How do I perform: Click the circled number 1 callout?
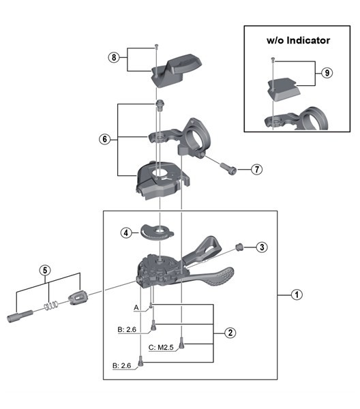[x=297, y=294]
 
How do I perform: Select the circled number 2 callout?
[x=230, y=333]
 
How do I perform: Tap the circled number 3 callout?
[x=262, y=247]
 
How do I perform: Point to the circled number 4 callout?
[x=126, y=232]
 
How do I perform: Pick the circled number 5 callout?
[x=45, y=270]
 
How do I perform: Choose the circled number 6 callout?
[x=104, y=139]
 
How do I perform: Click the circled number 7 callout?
[x=256, y=169]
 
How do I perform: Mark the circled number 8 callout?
[x=114, y=57]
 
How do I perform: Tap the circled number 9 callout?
[x=327, y=73]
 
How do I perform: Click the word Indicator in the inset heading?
[x=308, y=40]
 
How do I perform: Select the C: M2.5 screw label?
[x=161, y=348]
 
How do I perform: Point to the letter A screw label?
[x=136, y=307]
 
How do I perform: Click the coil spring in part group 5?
[x=50, y=305]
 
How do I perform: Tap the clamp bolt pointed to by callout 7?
[x=229, y=168]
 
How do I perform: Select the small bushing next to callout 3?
[x=239, y=247]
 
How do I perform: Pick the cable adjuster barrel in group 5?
[x=77, y=297]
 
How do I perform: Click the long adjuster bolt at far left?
[x=20, y=316]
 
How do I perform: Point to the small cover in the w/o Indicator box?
[x=284, y=89]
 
